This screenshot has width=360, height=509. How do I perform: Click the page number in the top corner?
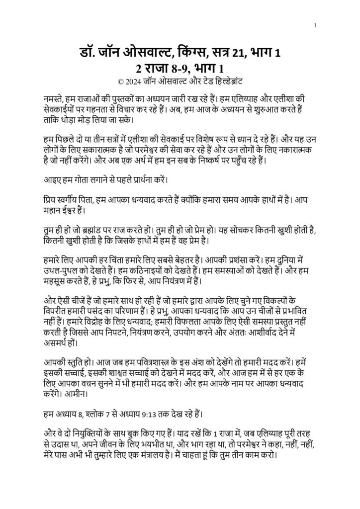315,25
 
